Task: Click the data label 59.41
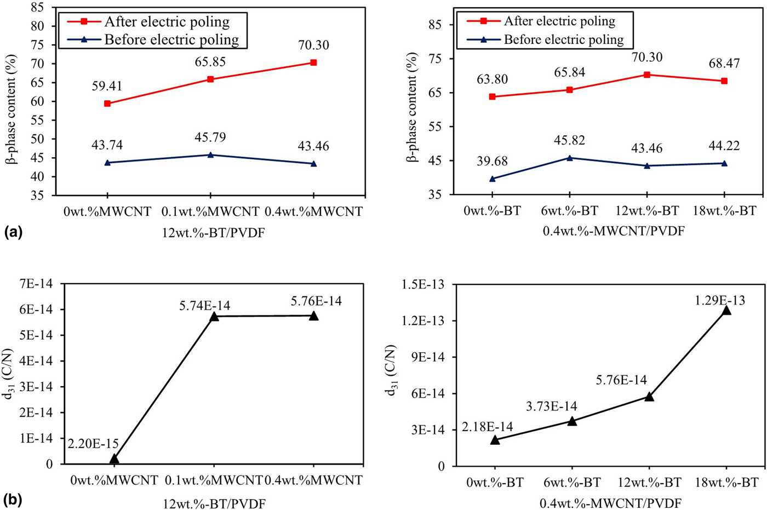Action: tap(107, 86)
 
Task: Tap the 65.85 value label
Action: tap(210, 62)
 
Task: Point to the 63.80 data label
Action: tap(493, 79)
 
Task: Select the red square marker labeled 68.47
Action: tap(724, 81)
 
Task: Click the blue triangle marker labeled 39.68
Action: tap(493, 179)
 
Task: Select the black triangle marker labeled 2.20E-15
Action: tap(114, 459)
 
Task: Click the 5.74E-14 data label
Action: tap(214, 301)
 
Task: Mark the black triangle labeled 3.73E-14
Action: tap(572, 421)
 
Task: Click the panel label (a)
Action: tap(13, 232)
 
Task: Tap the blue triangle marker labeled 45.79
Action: tap(210, 155)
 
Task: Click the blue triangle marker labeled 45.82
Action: tap(570, 158)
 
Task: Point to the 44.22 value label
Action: tap(724, 146)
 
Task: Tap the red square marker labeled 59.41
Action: tap(107, 104)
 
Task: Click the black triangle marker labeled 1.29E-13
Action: tap(726, 311)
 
